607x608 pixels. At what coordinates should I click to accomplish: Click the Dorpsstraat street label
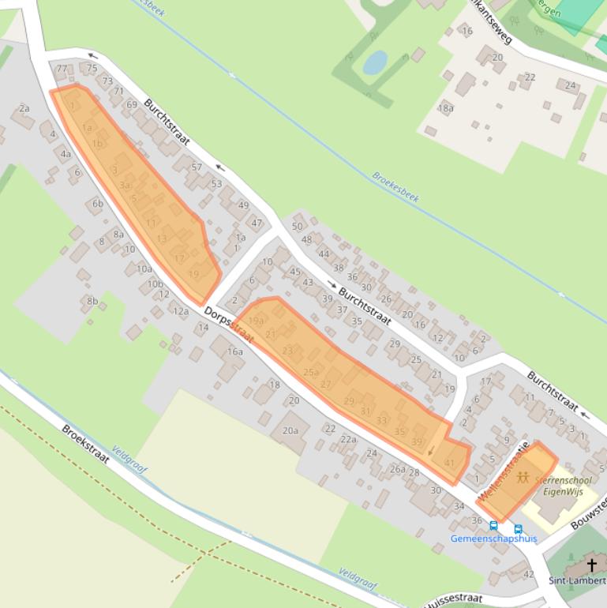tap(229, 325)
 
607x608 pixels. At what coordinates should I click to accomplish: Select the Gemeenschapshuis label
tap(493, 539)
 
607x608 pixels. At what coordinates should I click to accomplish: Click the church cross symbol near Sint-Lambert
tap(592, 565)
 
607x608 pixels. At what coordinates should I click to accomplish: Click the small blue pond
tap(375, 62)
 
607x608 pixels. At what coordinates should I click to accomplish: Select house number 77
tap(62, 69)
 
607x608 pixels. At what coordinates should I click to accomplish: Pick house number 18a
tap(446, 108)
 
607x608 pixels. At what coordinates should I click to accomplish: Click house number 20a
tap(290, 430)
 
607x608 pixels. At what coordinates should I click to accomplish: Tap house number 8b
tap(92, 301)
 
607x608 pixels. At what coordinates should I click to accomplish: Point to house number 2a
tap(24, 108)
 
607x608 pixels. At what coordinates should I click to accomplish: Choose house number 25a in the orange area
tap(311, 372)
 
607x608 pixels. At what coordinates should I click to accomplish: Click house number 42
tap(529, 574)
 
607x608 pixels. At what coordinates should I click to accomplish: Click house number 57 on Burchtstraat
tap(197, 167)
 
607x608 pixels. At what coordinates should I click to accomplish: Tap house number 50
tap(297, 227)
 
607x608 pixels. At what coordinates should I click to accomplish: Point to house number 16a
tap(235, 351)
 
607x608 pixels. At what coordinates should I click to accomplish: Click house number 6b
tap(98, 204)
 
